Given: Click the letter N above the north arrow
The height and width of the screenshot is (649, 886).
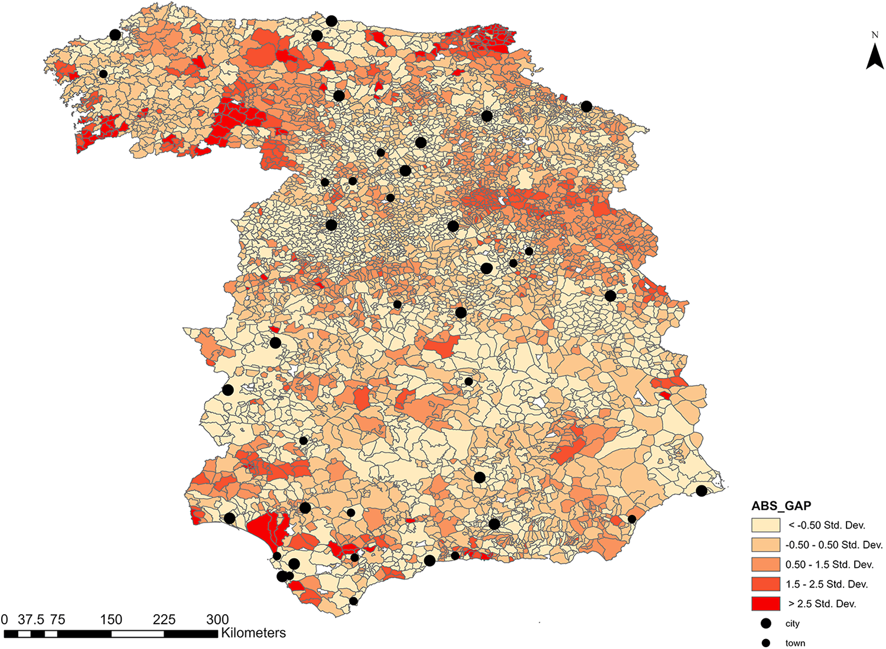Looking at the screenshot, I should point(875,35).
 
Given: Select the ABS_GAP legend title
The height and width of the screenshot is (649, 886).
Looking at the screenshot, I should point(781,506).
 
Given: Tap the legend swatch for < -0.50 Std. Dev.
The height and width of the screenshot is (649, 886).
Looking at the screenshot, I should point(766,525).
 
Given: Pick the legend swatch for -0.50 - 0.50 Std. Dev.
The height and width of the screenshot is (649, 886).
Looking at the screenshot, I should point(766,544).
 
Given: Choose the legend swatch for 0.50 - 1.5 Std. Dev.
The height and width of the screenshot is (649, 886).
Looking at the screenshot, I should point(766,565).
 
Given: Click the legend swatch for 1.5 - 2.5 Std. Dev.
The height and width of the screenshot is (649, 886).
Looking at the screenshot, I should point(766,584).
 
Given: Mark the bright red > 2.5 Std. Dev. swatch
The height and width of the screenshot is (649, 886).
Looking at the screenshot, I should point(766,604).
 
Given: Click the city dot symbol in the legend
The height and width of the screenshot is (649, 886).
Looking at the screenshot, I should point(766,624).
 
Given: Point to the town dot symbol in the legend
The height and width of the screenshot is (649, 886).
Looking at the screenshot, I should point(766,643).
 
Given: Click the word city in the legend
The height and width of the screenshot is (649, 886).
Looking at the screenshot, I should point(792,624).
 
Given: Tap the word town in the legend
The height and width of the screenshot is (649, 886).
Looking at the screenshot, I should point(795,643).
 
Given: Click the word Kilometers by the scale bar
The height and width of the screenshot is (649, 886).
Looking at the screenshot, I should point(253,633).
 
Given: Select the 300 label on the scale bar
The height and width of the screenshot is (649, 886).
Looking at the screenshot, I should point(217,619).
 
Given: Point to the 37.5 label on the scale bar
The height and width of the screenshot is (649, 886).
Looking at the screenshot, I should point(31,619).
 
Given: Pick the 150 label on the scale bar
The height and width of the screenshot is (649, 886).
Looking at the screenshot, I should point(111,619).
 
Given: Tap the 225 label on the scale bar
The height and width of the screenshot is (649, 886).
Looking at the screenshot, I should point(164,619).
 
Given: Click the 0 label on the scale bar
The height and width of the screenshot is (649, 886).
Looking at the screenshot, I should point(5,619).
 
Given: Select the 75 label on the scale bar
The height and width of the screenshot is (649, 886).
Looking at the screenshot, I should point(57,619).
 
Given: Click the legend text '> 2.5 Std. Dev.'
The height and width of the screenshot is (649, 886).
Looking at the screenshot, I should point(822,604).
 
